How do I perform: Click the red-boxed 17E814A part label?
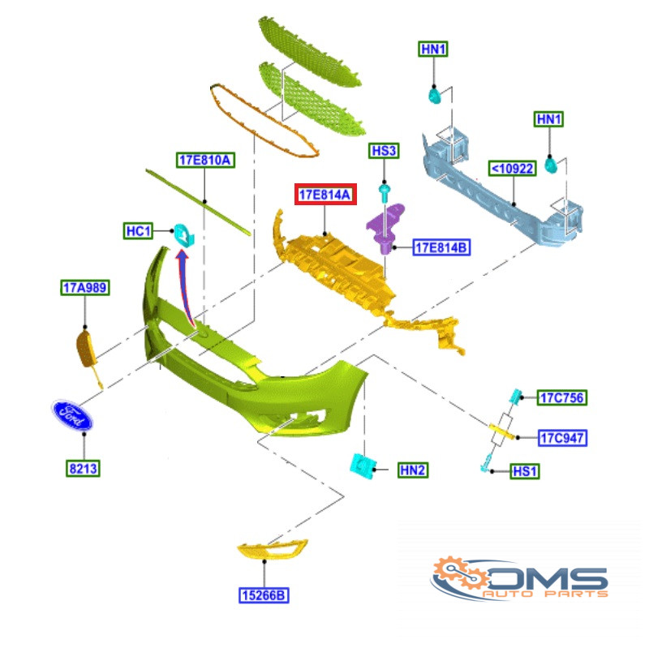coord(325,194)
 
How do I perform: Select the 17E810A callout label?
coord(205,160)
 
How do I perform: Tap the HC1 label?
coord(138,231)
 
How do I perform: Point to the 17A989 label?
coord(85,287)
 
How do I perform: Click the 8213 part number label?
coord(83,469)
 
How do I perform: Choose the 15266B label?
coord(264,595)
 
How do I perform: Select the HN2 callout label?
coord(413,470)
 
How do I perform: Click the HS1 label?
coord(524,471)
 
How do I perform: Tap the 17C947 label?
coord(562,437)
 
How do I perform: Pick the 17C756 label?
coord(561,397)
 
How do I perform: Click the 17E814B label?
coord(441,247)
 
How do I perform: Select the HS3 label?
coord(384,151)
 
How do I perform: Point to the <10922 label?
coord(513,169)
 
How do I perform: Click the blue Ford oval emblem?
coord(72,415)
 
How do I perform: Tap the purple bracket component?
coord(386,228)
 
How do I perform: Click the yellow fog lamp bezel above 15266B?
coord(273,549)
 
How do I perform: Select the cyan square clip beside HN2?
coord(363,466)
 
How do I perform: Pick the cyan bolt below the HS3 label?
coord(385,192)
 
